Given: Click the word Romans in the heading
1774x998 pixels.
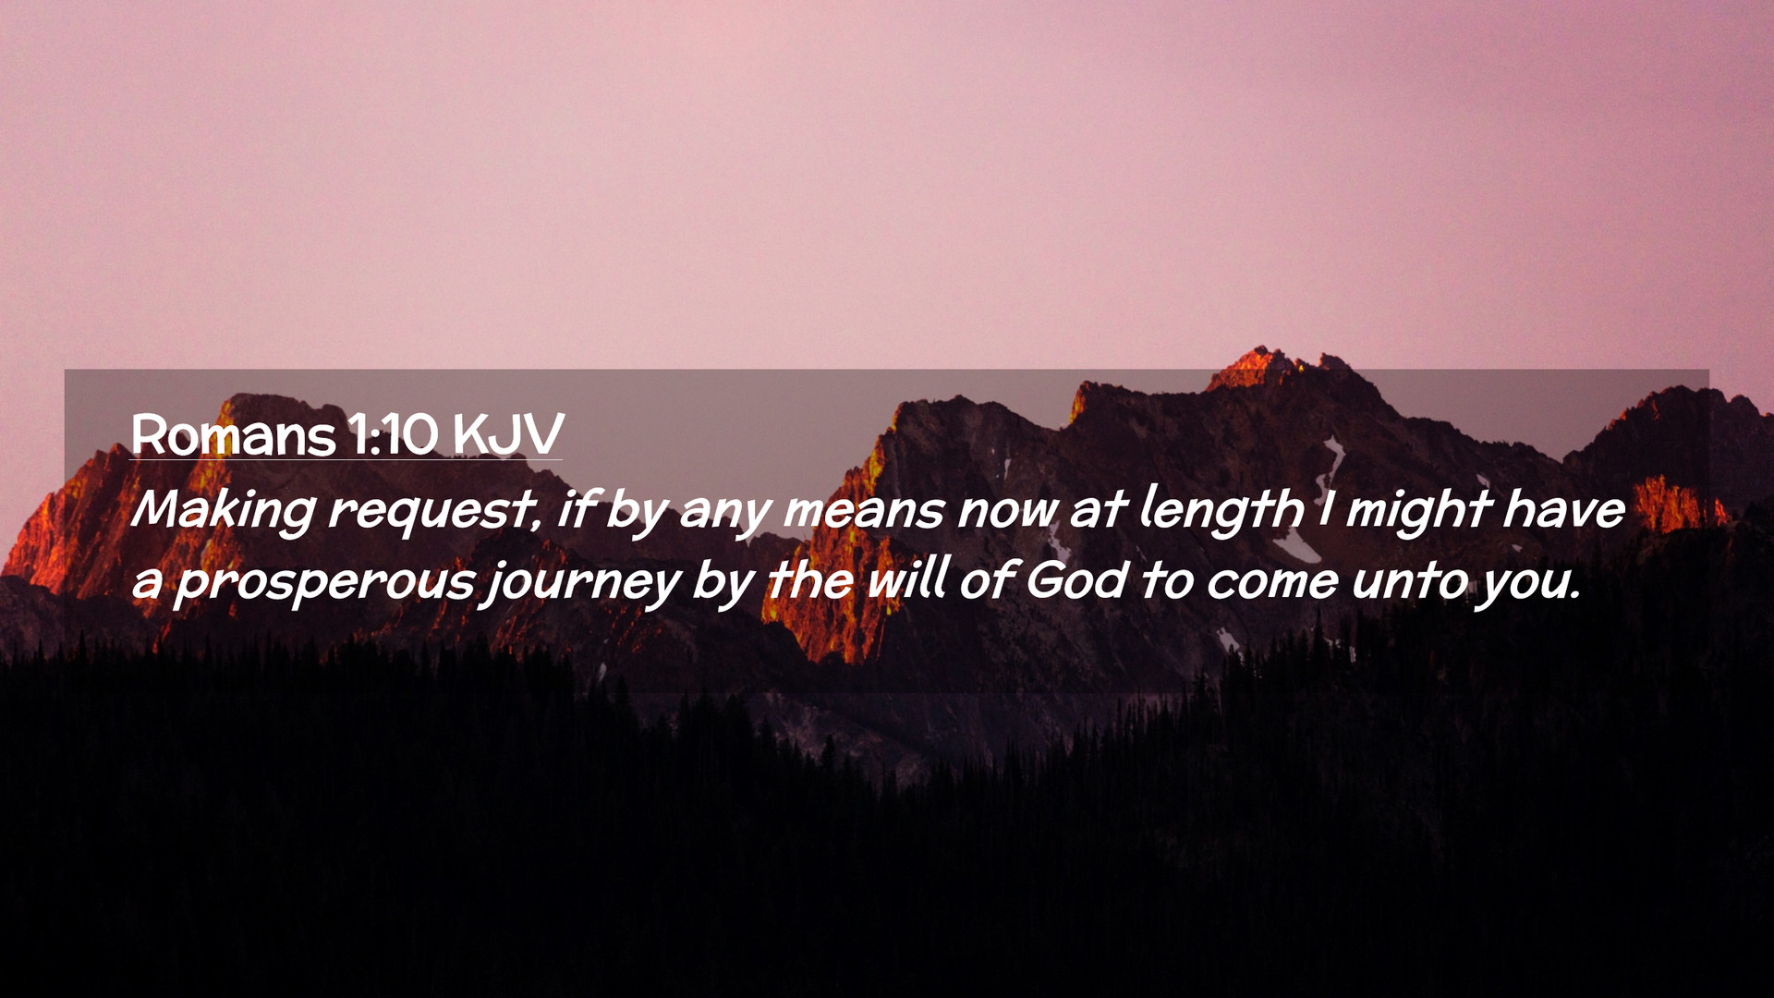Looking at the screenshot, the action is click(x=233, y=434).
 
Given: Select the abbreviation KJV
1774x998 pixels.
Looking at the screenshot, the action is click(x=508, y=434).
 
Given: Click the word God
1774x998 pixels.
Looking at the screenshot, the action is click(x=1077, y=580).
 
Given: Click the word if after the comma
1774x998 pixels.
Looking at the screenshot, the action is click(x=576, y=509).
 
